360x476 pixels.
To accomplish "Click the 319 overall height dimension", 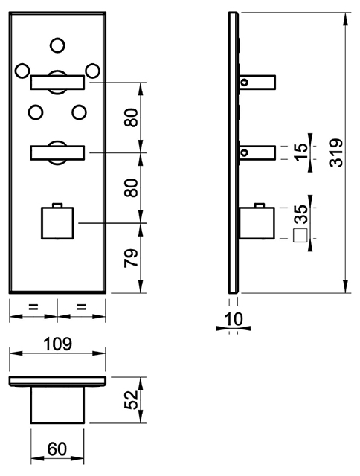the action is pyautogui.click(x=336, y=152).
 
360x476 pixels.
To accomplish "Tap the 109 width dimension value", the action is pyautogui.click(x=58, y=344).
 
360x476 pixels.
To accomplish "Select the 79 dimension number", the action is pyautogui.click(x=131, y=258).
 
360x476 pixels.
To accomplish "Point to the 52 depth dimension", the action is pyautogui.click(x=132, y=399).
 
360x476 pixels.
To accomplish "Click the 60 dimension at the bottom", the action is pyautogui.click(x=57, y=449).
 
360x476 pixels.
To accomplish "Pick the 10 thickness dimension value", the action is pyautogui.click(x=234, y=319).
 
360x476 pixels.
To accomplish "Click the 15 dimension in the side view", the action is pyautogui.click(x=300, y=152).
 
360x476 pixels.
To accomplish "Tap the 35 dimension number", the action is pyautogui.click(x=300, y=213).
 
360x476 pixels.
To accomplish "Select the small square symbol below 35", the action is pyautogui.click(x=300, y=236).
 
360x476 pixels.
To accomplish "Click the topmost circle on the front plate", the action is pyautogui.click(x=57, y=45).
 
